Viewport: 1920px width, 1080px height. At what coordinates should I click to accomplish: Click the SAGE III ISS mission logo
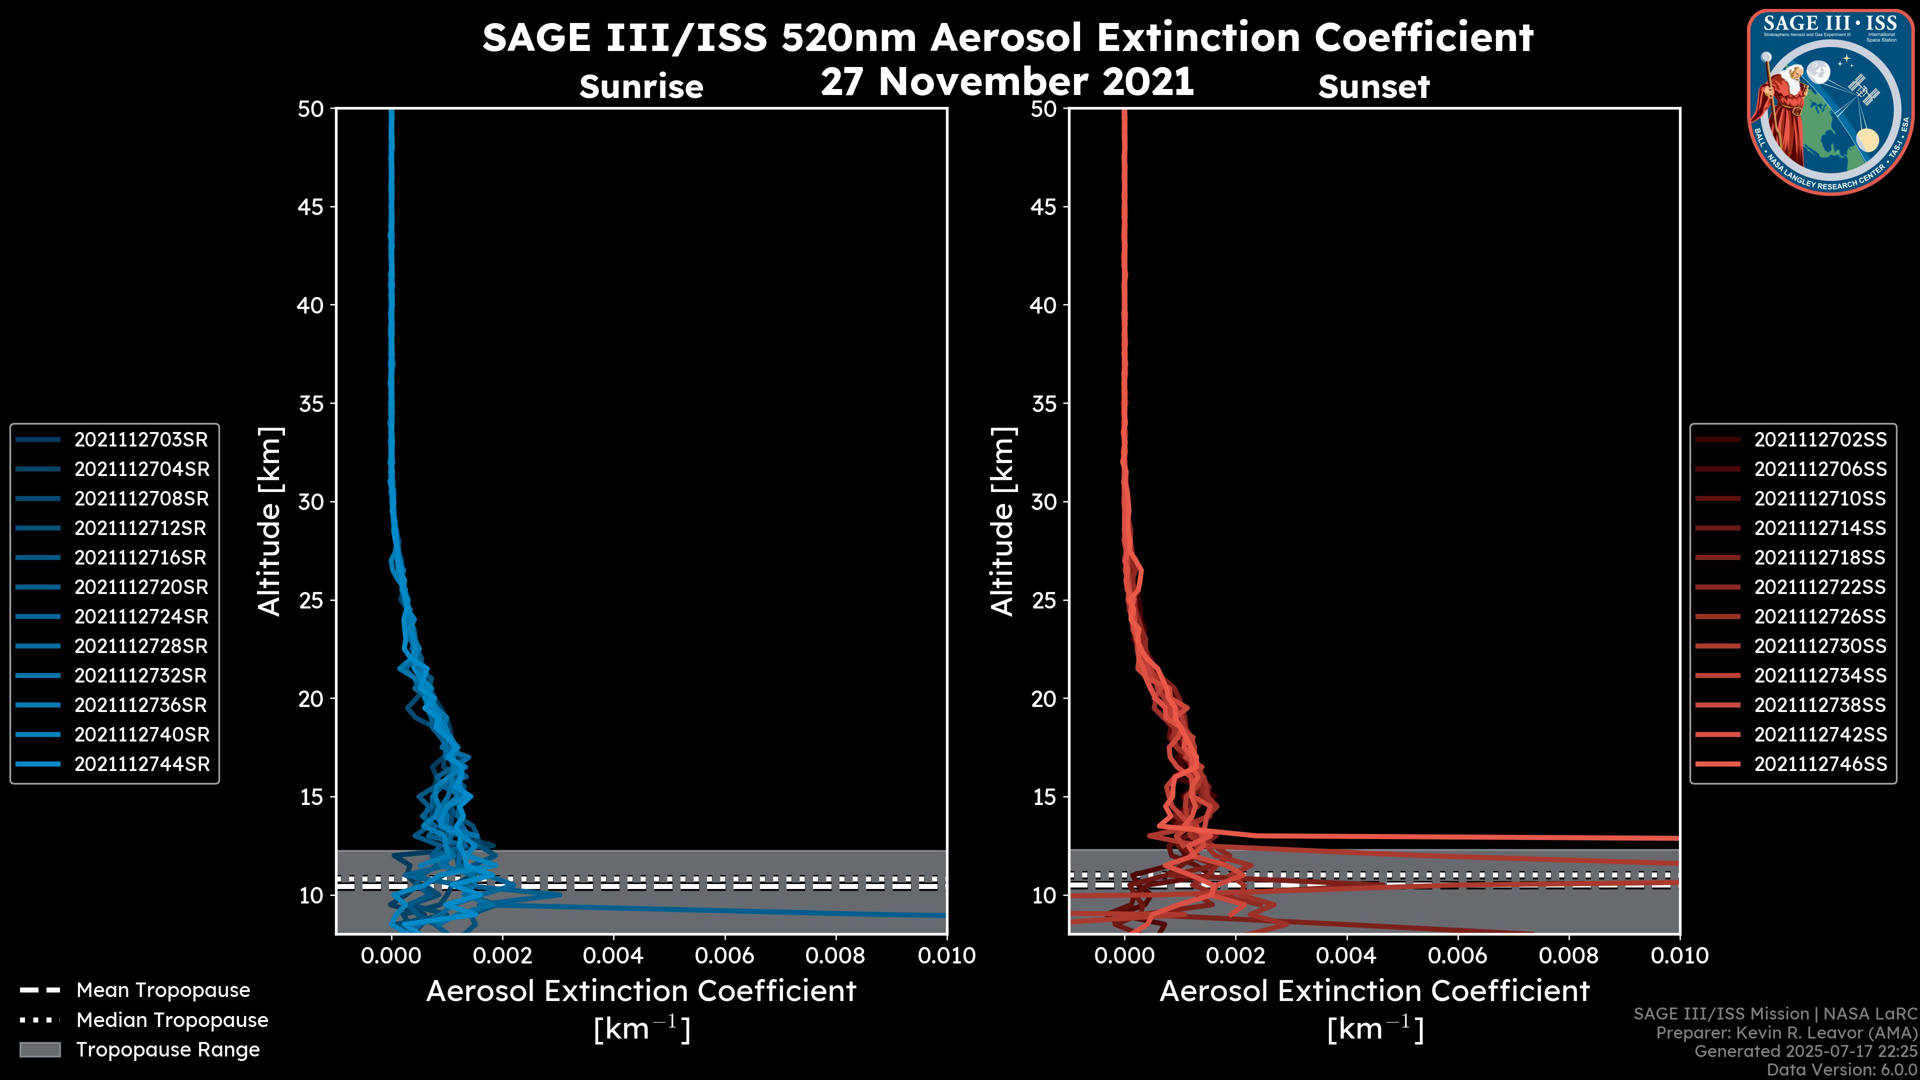(1830, 101)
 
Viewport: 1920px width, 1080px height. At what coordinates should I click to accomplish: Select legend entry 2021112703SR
(141, 440)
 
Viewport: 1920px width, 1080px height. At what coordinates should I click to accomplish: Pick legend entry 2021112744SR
(141, 764)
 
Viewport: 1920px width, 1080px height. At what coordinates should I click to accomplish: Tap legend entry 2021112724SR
(141, 616)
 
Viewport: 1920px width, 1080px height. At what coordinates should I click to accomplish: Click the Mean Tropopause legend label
(163, 990)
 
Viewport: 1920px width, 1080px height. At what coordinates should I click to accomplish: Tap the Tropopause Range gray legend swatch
(39, 1049)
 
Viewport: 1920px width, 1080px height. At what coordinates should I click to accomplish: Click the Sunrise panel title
(641, 86)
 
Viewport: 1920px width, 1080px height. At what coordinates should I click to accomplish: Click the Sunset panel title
(1373, 86)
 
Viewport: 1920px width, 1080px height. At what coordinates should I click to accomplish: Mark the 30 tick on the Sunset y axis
(1043, 501)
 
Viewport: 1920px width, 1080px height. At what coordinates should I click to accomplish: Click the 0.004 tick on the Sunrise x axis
(613, 955)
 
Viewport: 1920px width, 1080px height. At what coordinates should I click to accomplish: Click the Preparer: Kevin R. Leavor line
(1786, 1032)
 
